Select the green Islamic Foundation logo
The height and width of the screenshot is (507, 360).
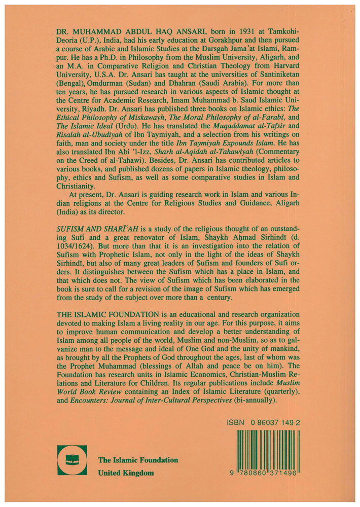[x=72, y=460]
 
